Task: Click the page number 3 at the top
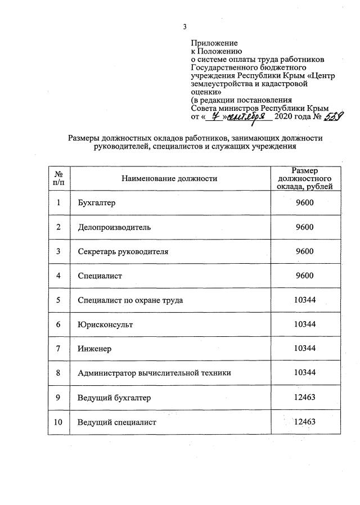click(x=184, y=27)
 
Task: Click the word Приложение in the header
click(x=214, y=43)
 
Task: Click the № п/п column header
click(x=58, y=179)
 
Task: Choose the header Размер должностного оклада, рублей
click(x=304, y=179)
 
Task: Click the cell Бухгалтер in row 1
click(x=96, y=203)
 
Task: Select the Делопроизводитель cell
click(x=114, y=227)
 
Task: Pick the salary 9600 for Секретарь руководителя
click(x=304, y=251)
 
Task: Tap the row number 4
click(x=58, y=276)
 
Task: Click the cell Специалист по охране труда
click(x=130, y=300)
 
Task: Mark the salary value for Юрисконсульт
click(x=304, y=324)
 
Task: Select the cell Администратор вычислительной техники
click(x=154, y=373)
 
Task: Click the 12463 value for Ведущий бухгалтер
click(x=304, y=397)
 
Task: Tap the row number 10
click(x=58, y=422)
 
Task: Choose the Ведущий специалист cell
click(x=116, y=422)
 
